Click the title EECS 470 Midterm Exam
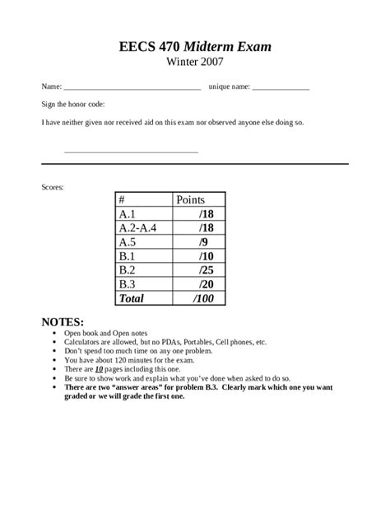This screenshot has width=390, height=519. (195, 46)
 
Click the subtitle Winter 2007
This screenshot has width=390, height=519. (195, 61)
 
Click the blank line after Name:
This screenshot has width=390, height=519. (132, 87)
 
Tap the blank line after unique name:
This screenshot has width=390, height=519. (281, 87)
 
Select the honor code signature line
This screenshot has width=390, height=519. (131, 151)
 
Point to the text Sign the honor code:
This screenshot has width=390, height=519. (73, 105)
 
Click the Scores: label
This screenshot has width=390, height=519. (53, 187)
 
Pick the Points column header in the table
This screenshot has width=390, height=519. (190, 200)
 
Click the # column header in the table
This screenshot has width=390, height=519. (122, 200)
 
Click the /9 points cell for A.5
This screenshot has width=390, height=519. (202, 242)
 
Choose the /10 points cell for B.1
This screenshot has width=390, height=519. (205, 256)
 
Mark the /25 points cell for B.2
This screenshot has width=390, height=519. (205, 270)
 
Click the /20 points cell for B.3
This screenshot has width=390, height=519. (205, 284)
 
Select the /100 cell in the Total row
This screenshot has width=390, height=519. (202, 298)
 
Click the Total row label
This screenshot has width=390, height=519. (131, 298)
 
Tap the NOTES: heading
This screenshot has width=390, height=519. (63, 321)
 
